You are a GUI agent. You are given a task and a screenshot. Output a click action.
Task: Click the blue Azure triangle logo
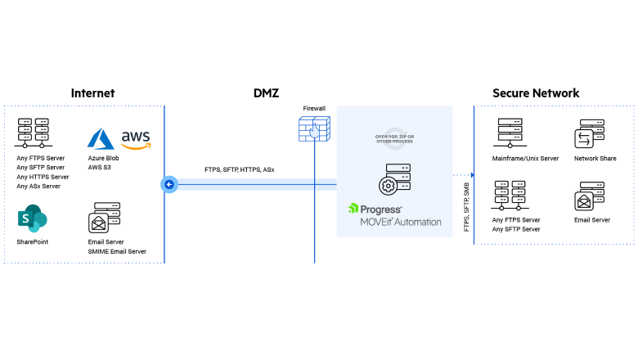click(x=101, y=138)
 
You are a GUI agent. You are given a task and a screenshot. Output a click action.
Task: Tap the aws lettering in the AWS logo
click(x=136, y=135)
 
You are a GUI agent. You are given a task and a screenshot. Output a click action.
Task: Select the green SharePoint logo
click(x=33, y=219)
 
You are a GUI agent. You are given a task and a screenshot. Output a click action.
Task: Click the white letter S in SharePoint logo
click(x=26, y=219)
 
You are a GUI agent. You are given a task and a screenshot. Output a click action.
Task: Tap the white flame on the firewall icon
click(x=314, y=131)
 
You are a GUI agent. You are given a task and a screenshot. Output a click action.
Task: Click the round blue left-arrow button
click(x=168, y=184)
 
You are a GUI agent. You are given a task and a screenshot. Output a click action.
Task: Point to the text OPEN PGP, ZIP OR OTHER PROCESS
click(x=394, y=139)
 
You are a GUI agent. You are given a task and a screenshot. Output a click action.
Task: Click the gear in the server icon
click(x=388, y=186)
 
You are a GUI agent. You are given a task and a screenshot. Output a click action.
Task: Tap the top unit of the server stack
click(x=398, y=169)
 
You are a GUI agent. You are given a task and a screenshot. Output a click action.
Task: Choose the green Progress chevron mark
click(x=353, y=208)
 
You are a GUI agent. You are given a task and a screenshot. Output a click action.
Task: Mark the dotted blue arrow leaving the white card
click(x=463, y=174)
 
